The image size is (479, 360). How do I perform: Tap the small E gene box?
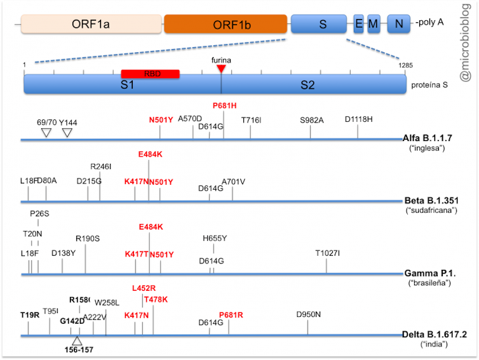[x=359, y=24]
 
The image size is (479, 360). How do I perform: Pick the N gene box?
[x=398, y=24]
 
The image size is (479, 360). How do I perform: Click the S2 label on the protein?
[x=307, y=86]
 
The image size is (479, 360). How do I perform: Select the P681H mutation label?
[x=224, y=105]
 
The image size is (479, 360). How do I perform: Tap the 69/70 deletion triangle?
[x=46, y=132]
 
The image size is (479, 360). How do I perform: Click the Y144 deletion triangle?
[x=67, y=132]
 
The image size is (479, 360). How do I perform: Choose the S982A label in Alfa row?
[x=312, y=119]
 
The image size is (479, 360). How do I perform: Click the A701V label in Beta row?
[x=233, y=182]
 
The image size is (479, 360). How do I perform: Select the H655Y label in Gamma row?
[x=215, y=238]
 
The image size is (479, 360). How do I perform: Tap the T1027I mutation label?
[x=328, y=253]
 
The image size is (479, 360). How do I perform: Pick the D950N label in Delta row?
[x=308, y=314]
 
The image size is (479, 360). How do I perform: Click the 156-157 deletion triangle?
[x=77, y=340]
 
